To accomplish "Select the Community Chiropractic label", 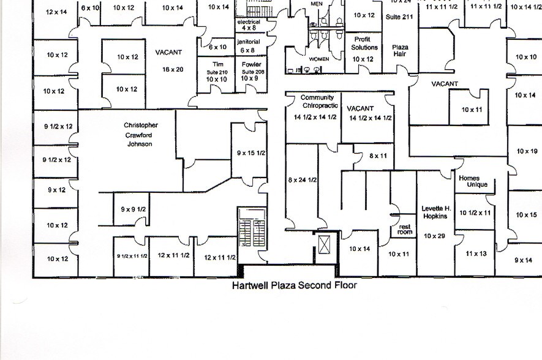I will click(x=317, y=101).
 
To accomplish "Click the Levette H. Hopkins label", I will click(x=435, y=212).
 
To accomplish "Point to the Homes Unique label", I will click(x=473, y=181).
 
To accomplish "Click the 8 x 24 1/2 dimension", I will click(x=302, y=180).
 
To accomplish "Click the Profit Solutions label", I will click(x=365, y=43).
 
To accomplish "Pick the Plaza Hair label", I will click(x=400, y=50).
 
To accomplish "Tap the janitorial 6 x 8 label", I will click(x=249, y=46).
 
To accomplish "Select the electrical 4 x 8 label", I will click(x=249, y=24).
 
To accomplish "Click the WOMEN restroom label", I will click(x=318, y=59).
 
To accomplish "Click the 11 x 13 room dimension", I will click(x=476, y=253).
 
